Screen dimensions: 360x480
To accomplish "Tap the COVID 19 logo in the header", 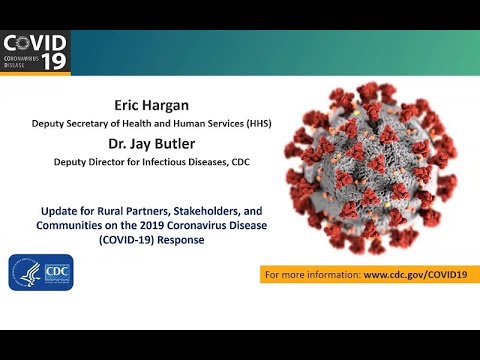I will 37,51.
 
